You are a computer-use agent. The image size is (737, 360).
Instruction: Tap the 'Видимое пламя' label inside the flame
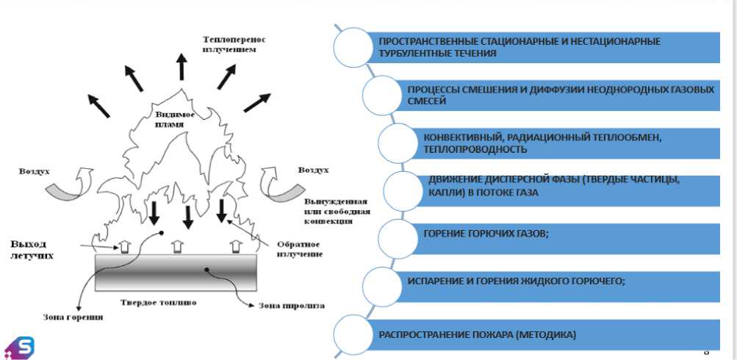pyautogui.click(x=175, y=120)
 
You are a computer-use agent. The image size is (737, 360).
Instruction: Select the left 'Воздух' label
pyautogui.click(x=35, y=171)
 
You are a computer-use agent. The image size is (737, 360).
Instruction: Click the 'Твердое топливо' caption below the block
pyautogui.click(x=175, y=302)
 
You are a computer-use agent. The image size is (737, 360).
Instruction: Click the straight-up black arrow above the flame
pyautogui.click(x=181, y=65)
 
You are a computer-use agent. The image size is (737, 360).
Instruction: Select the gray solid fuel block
pyautogui.click(x=176, y=272)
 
